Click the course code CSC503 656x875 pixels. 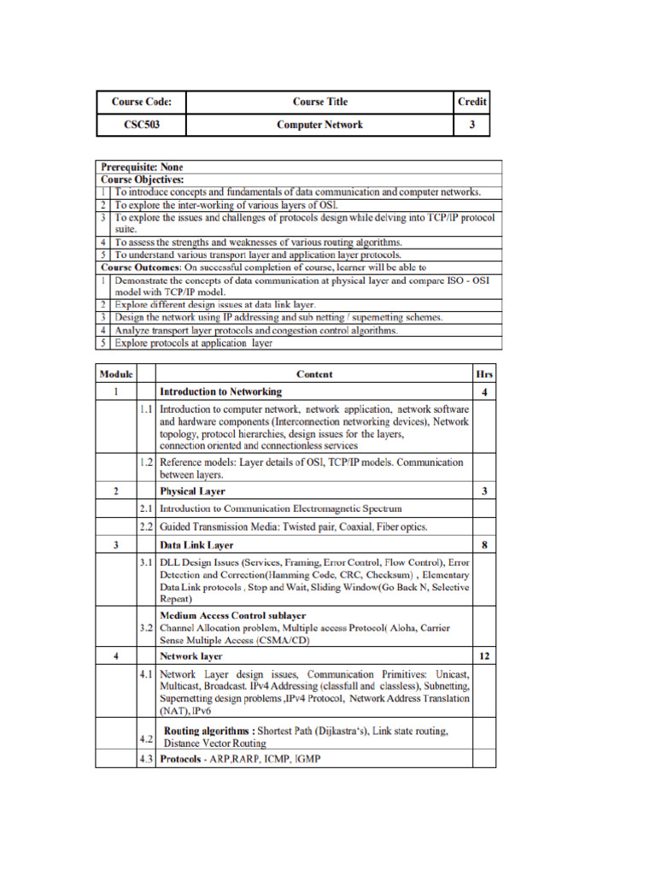pos(141,125)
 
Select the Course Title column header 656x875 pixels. pos(319,102)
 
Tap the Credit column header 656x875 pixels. pos(471,102)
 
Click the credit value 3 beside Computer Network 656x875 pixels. pos(471,125)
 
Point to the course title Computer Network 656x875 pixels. pos(319,125)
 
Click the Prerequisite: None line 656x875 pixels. pos(142,167)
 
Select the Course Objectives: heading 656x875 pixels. pos(143,179)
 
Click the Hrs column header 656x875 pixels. pos(484,374)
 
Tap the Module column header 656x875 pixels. pos(115,374)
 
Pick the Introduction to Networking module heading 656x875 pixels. pos(220,392)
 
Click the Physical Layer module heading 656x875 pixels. pos(193,491)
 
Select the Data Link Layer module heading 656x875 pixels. pos(196,544)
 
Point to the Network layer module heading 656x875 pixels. pos(191,656)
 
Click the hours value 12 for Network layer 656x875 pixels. pos(484,656)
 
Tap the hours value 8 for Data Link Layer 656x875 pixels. pos(484,544)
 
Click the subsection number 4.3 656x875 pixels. pos(146,760)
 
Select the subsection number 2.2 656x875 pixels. pos(146,526)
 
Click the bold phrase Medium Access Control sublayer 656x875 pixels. pos(233,615)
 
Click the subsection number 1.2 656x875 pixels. pos(146,462)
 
